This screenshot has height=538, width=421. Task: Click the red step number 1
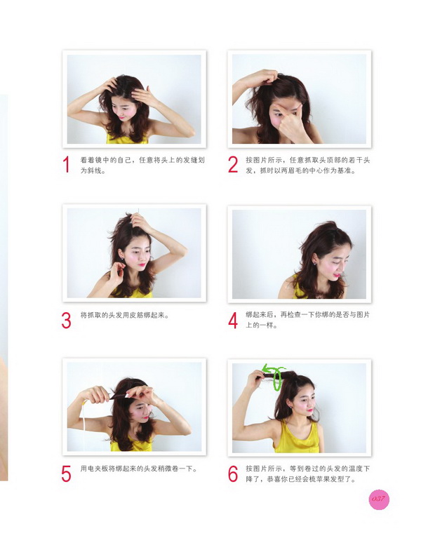pyautogui.click(x=67, y=165)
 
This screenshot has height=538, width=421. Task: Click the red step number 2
pyautogui.click(x=233, y=165)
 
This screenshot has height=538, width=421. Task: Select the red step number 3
pyautogui.click(x=67, y=320)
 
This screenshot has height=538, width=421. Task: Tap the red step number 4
pyautogui.click(x=233, y=320)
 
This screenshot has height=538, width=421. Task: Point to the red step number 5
pyautogui.click(x=67, y=474)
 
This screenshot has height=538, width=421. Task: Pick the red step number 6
pyautogui.click(x=233, y=474)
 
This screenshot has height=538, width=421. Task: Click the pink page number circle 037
pyautogui.click(x=379, y=499)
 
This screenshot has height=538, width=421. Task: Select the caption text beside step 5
pyautogui.click(x=138, y=469)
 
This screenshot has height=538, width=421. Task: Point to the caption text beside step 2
pyautogui.click(x=307, y=165)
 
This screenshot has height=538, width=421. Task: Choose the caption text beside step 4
pyautogui.click(x=307, y=320)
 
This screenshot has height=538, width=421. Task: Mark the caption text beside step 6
pyautogui.click(x=307, y=474)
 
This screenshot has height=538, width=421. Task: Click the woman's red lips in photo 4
pyautogui.click(x=338, y=276)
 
